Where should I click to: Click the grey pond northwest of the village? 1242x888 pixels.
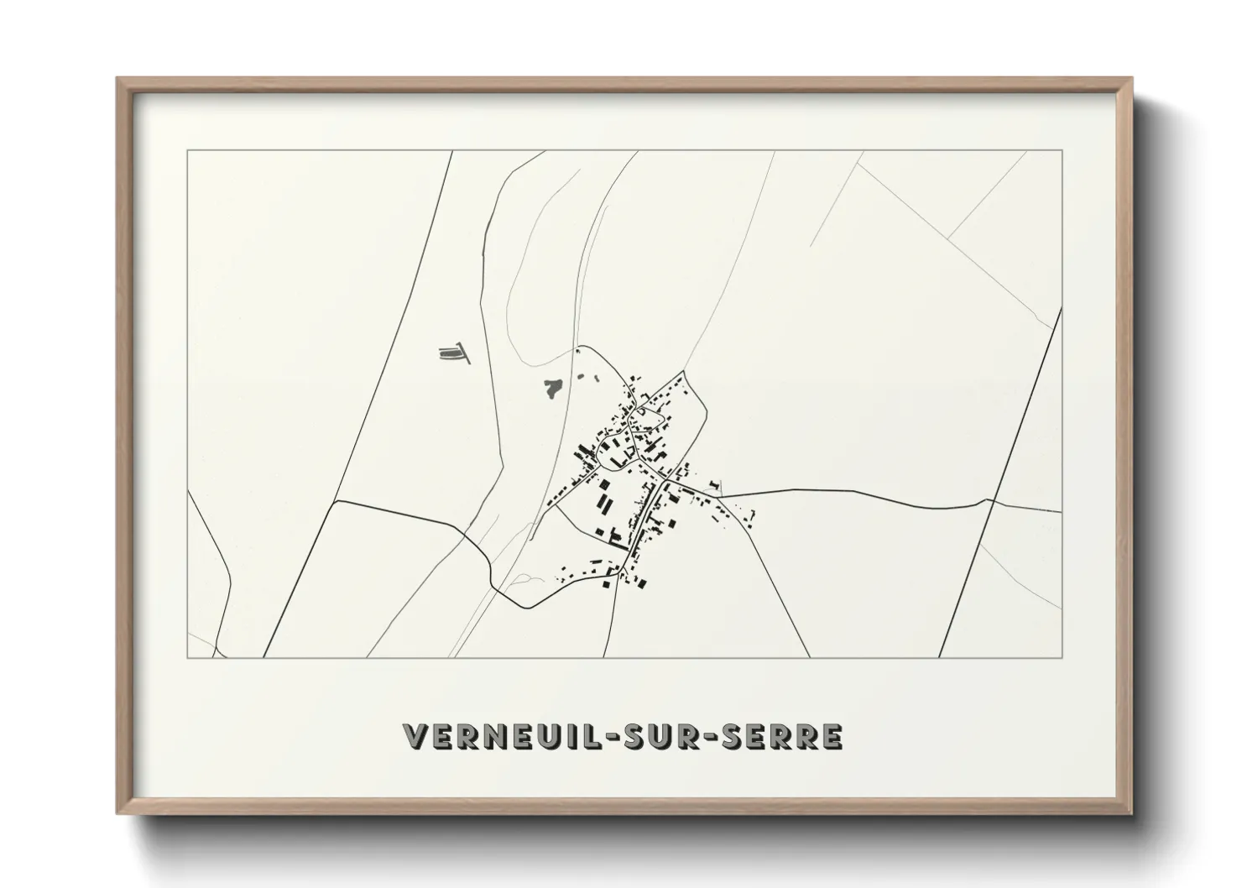click(552, 388)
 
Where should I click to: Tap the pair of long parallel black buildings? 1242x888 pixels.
click(604, 502)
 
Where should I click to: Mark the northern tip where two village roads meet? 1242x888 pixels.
click(685, 372)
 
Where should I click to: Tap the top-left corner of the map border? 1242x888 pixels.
click(188, 151)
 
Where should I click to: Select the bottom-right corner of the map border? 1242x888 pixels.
click(1062, 657)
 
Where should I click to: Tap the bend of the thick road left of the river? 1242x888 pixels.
click(336, 502)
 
